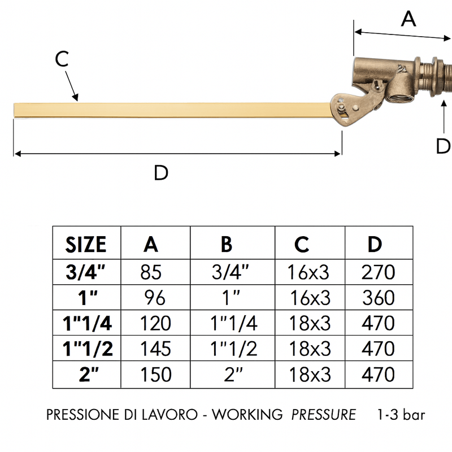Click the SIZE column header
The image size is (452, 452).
point(86,245)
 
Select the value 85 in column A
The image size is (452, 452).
point(151,272)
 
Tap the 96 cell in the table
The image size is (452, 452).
point(154,298)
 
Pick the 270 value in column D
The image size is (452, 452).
point(378,272)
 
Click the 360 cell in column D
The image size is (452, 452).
point(378,298)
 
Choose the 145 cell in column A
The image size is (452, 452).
point(156,349)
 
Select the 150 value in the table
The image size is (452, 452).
point(156,375)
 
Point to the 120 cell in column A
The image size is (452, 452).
point(156,323)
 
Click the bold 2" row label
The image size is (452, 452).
point(89,374)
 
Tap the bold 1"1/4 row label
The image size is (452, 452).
point(88,323)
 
